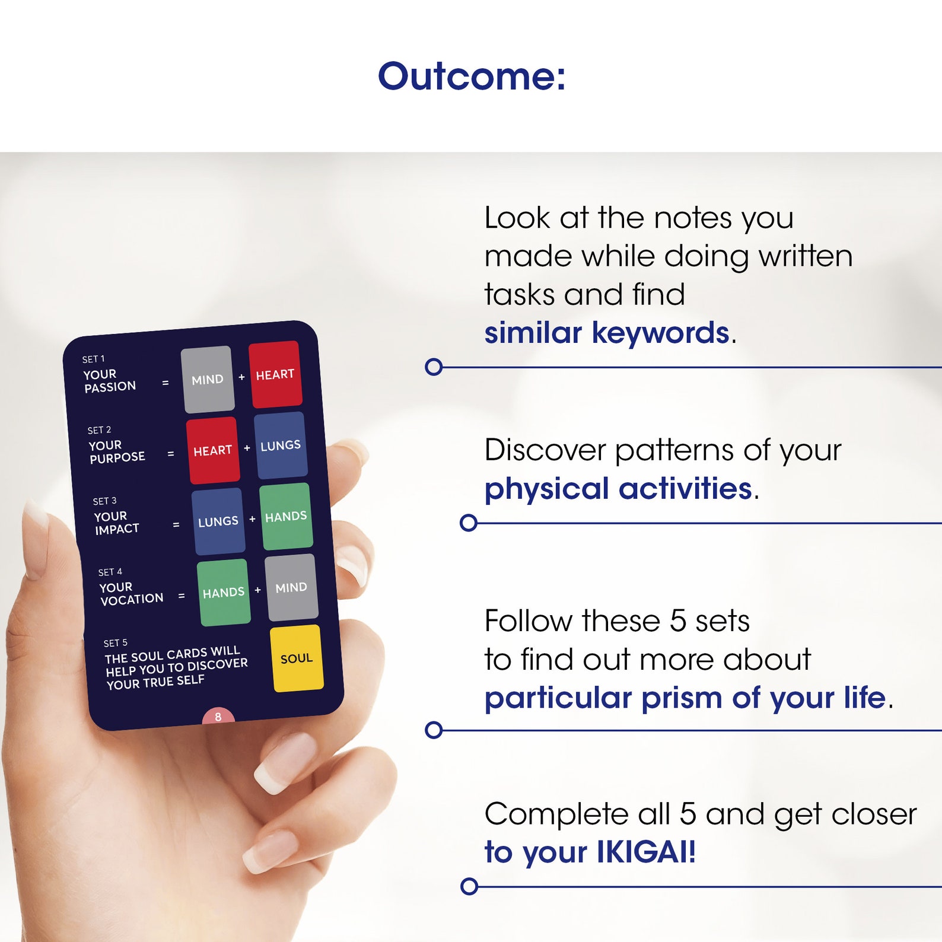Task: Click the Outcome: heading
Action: coord(472,77)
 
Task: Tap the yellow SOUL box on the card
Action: coord(297,658)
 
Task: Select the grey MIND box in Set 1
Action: coord(207,379)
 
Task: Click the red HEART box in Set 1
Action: coord(275,374)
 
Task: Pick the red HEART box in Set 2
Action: coord(213,450)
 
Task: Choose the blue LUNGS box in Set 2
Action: coord(281,445)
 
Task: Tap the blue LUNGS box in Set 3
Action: coord(218,521)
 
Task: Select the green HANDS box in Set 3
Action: coord(286,516)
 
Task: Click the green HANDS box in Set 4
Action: coord(224,592)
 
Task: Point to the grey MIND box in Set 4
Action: coord(291,587)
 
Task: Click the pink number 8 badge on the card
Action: coord(218,716)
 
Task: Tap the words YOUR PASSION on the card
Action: coord(110,380)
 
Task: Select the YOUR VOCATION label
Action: coord(131,593)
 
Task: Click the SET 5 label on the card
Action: coord(116,642)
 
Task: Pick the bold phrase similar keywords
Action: coord(607,333)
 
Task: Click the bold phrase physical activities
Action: coord(619,489)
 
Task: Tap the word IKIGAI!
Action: coord(646,852)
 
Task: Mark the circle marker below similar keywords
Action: coord(434,367)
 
